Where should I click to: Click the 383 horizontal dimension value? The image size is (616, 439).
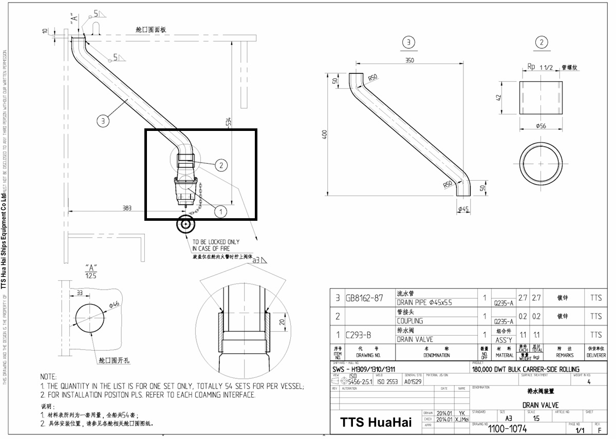(x=126, y=208)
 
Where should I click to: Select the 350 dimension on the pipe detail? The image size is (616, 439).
(x=409, y=60)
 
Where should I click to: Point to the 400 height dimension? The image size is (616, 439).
(x=324, y=134)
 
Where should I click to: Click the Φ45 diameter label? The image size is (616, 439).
(x=464, y=208)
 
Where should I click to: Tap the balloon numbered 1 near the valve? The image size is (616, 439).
(x=220, y=211)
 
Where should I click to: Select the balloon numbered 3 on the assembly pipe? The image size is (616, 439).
(x=103, y=121)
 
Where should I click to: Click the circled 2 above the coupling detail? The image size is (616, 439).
(x=541, y=43)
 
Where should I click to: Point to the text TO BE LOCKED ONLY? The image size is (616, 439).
(x=216, y=241)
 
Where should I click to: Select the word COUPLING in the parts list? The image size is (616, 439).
(x=410, y=321)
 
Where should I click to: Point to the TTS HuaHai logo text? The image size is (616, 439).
(x=376, y=423)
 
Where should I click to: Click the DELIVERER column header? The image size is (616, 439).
(x=596, y=355)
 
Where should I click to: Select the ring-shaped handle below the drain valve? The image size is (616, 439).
(x=184, y=225)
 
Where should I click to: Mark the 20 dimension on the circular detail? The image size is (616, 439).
(x=281, y=321)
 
